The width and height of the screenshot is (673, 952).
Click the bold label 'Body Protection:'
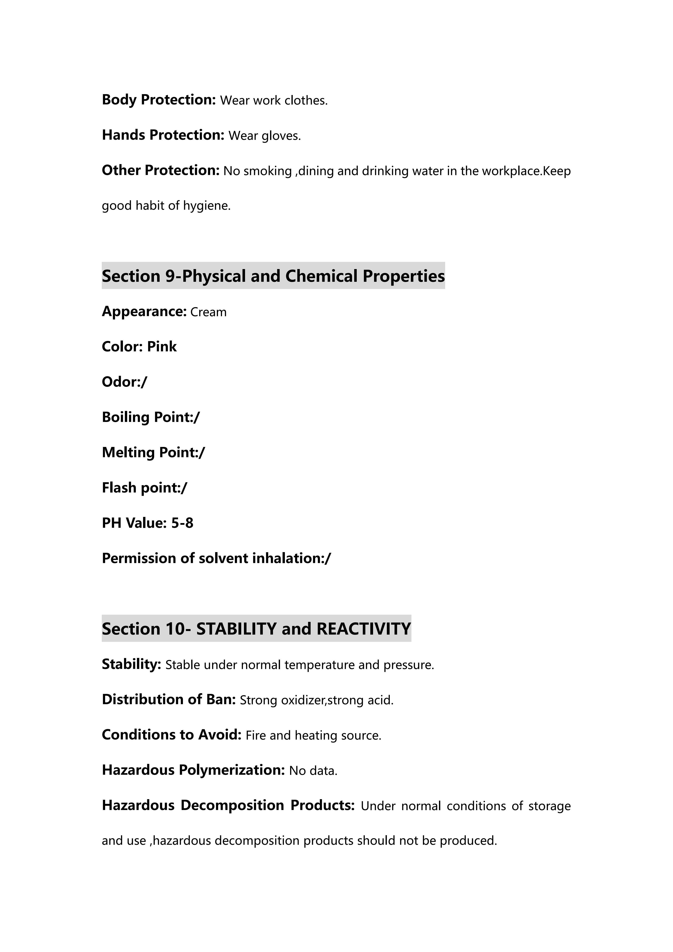[x=159, y=100]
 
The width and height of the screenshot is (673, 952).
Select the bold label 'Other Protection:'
[x=160, y=170]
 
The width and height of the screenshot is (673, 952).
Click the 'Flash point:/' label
[x=144, y=488]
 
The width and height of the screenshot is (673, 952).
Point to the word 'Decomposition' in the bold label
[x=232, y=805]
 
